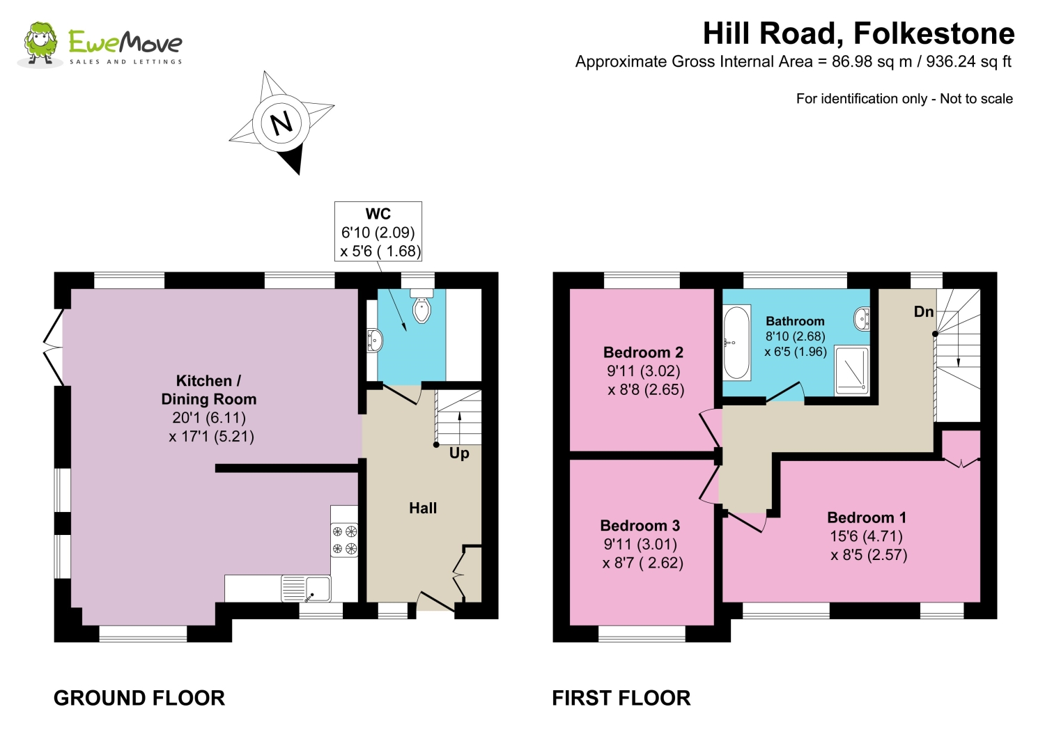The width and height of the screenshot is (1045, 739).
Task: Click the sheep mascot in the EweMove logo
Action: (x=41, y=43)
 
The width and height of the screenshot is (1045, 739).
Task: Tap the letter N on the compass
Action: (x=281, y=124)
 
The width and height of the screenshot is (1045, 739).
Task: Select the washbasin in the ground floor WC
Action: (x=375, y=340)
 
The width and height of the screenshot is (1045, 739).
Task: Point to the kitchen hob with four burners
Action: (x=344, y=539)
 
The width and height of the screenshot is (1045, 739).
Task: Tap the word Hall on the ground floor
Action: (x=423, y=508)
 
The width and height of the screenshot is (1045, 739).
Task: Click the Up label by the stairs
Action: (x=459, y=453)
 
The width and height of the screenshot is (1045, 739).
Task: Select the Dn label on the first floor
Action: (x=923, y=311)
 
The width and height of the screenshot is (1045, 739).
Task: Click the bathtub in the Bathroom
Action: (x=736, y=342)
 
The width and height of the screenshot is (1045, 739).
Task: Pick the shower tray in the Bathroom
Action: (x=852, y=369)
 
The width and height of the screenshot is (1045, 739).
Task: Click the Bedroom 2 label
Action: (x=643, y=352)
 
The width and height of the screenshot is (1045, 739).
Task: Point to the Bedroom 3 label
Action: (x=640, y=526)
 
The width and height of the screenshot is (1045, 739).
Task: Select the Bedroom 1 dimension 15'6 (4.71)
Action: (x=866, y=536)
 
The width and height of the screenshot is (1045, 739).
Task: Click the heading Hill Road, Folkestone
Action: (x=858, y=33)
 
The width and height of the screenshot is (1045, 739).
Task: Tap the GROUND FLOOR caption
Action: (x=139, y=699)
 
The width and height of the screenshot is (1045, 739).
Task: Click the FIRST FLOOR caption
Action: (x=621, y=699)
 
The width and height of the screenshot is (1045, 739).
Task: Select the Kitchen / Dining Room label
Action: (x=208, y=390)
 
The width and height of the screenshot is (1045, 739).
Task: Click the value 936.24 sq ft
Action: (x=968, y=61)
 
